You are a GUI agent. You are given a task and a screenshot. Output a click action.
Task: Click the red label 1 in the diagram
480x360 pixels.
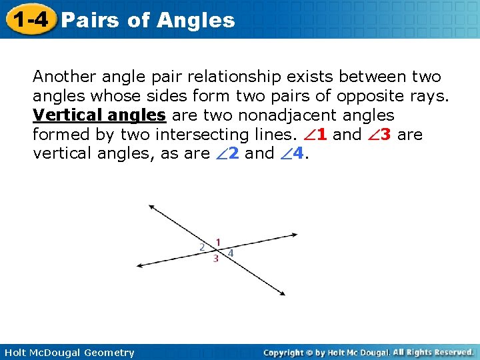point(218,242)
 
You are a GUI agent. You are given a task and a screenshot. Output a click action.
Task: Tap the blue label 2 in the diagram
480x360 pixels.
point(203,247)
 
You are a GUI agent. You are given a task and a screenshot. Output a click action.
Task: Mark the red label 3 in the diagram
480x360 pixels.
point(215,259)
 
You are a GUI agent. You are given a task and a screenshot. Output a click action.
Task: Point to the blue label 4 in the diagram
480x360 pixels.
point(231,253)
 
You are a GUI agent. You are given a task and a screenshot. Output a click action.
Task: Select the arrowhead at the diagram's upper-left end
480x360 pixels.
point(151,207)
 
